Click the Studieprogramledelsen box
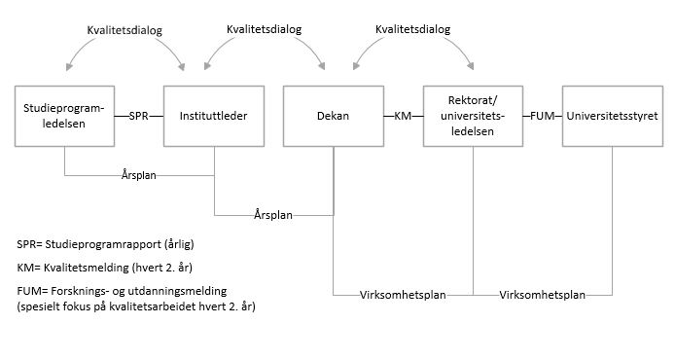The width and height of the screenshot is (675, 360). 65,116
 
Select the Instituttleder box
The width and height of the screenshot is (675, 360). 213,116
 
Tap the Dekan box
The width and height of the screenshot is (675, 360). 333,116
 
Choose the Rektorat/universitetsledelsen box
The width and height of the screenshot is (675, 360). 473,116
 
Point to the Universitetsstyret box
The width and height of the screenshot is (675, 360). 613,116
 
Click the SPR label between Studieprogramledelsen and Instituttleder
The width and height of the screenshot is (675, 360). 139,117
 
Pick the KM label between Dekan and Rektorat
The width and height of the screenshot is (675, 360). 403,117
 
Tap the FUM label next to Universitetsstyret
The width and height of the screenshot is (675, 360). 543,117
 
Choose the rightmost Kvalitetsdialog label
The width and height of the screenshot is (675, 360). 412,30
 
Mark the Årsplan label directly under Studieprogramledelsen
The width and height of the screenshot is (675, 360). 140,177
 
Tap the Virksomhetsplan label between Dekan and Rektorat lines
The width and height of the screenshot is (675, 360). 403,293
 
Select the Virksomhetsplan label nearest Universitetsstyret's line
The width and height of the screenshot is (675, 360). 543,293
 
